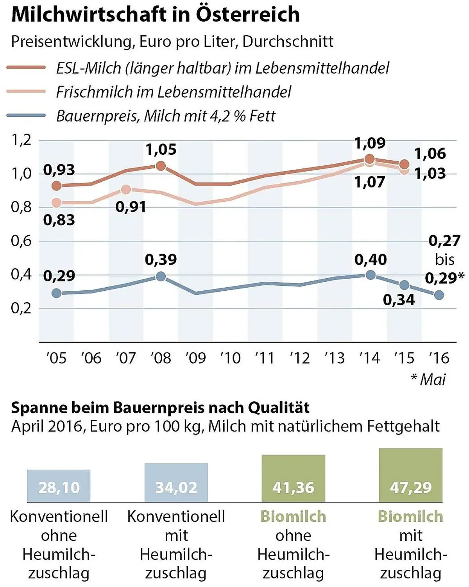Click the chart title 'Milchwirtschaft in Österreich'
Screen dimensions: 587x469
[x=155, y=15]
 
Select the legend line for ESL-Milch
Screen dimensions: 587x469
[x=26, y=68]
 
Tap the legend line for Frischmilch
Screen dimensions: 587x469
[x=26, y=91]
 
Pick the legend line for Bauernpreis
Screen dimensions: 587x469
[x=26, y=116]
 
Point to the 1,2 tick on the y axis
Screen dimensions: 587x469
[x=21, y=140]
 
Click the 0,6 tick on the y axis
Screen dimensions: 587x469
[x=21, y=241]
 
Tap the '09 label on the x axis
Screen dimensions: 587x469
[x=195, y=358]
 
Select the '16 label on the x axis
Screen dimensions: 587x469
[x=439, y=358]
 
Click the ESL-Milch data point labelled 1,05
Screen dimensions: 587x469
[x=161, y=166]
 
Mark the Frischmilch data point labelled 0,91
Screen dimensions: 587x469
[x=126, y=190]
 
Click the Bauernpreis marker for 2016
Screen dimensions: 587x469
[x=439, y=295]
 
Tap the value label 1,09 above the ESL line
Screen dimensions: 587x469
[x=370, y=143]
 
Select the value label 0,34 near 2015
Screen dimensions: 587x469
[x=399, y=300]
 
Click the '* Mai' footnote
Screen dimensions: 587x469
[x=428, y=379]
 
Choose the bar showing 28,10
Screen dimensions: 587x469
[x=59, y=486]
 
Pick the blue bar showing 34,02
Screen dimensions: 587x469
[x=176, y=483]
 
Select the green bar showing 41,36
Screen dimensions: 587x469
[x=293, y=478]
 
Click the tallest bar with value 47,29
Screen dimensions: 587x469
[x=411, y=475]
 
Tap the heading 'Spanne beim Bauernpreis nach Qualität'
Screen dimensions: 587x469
[x=160, y=408]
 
